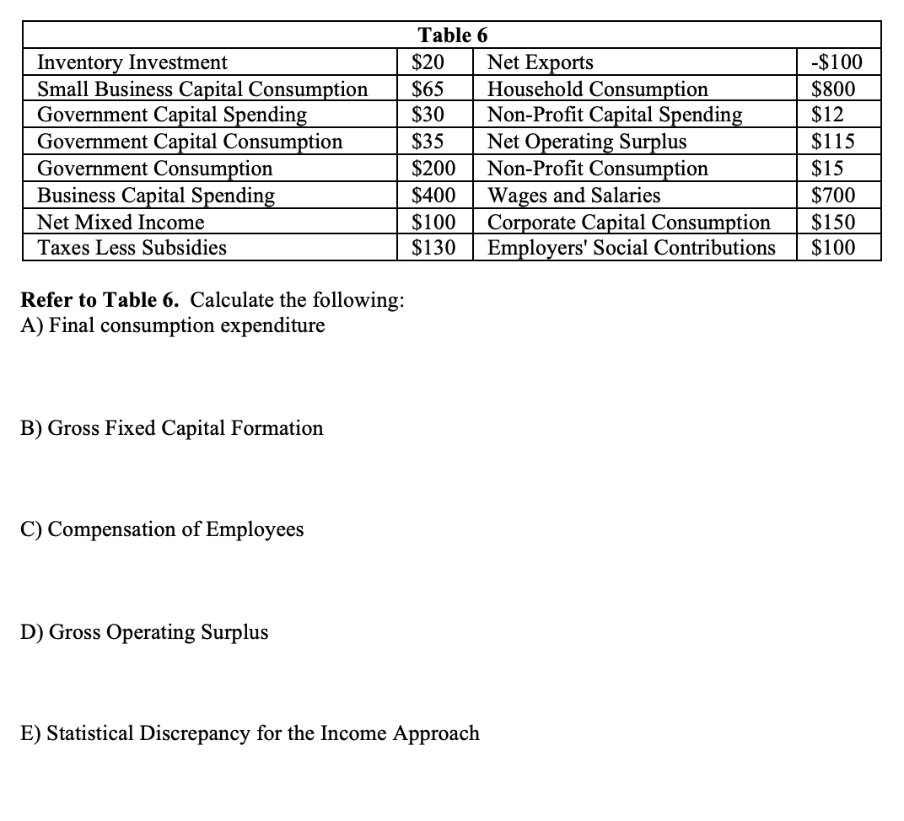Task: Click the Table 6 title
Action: [x=453, y=35]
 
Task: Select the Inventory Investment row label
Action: [x=132, y=62]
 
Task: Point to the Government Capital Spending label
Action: [x=172, y=115]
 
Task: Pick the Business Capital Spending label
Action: [x=156, y=196]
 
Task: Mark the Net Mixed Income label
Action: [x=121, y=223]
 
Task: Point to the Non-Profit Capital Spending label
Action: [x=616, y=115]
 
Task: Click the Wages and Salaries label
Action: [x=574, y=196]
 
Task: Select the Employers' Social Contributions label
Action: [x=632, y=248]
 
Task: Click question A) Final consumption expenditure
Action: [x=173, y=325]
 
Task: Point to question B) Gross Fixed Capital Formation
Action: [x=172, y=428]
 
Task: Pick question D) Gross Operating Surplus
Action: [x=145, y=632]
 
